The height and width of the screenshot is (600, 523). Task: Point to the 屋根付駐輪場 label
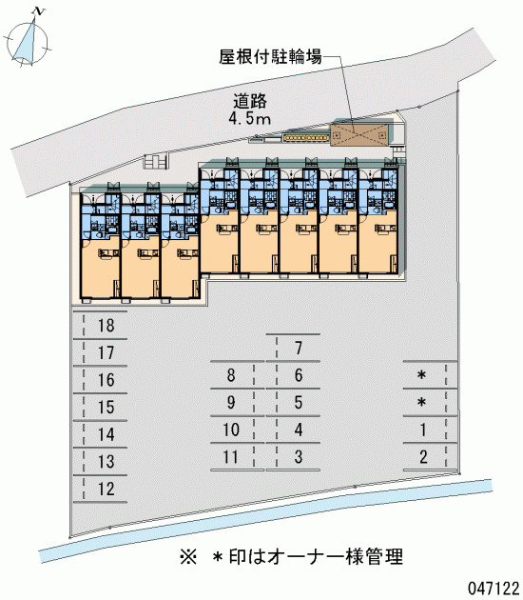[270, 56]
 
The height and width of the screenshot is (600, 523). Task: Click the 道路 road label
[250, 101]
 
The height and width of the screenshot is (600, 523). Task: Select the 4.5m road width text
[250, 119]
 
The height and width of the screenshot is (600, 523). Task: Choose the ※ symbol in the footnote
[188, 557]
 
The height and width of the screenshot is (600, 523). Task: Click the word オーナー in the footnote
[305, 557]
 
